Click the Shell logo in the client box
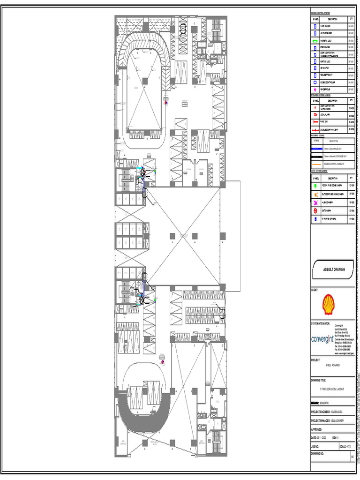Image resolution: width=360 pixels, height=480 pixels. click(x=328, y=304)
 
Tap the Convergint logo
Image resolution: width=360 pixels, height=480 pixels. click(x=322, y=339)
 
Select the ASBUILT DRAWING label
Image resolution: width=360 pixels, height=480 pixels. click(x=334, y=270)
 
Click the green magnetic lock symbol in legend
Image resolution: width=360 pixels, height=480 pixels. click(x=315, y=41)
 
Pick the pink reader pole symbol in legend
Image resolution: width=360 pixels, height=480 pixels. click(x=315, y=89)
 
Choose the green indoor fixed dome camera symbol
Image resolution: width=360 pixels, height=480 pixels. click(x=316, y=186)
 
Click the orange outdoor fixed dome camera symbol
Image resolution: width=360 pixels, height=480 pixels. click(x=316, y=194)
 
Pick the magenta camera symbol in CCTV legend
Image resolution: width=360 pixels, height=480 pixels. click(x=316, y=202)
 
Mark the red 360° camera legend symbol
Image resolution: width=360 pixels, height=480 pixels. click(x=316, y=210)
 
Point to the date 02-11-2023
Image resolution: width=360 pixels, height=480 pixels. click(x=321, y=437)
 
